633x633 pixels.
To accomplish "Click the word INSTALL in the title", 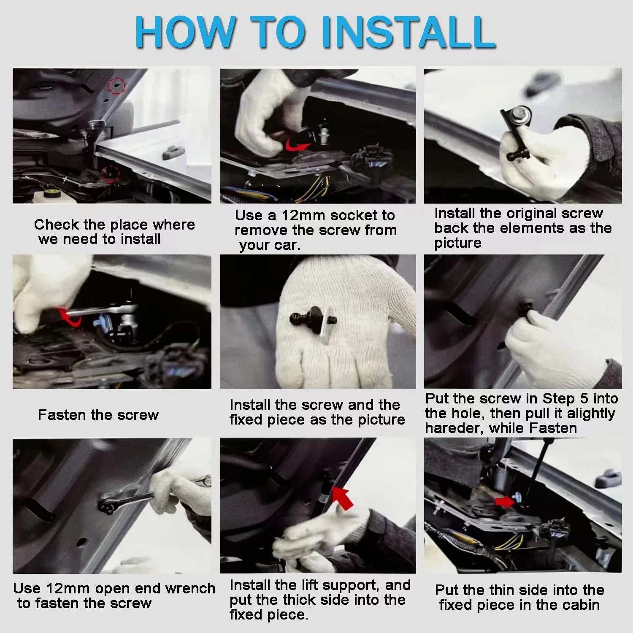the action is click(409, 32).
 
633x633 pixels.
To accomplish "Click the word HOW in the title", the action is click(185, 32).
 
